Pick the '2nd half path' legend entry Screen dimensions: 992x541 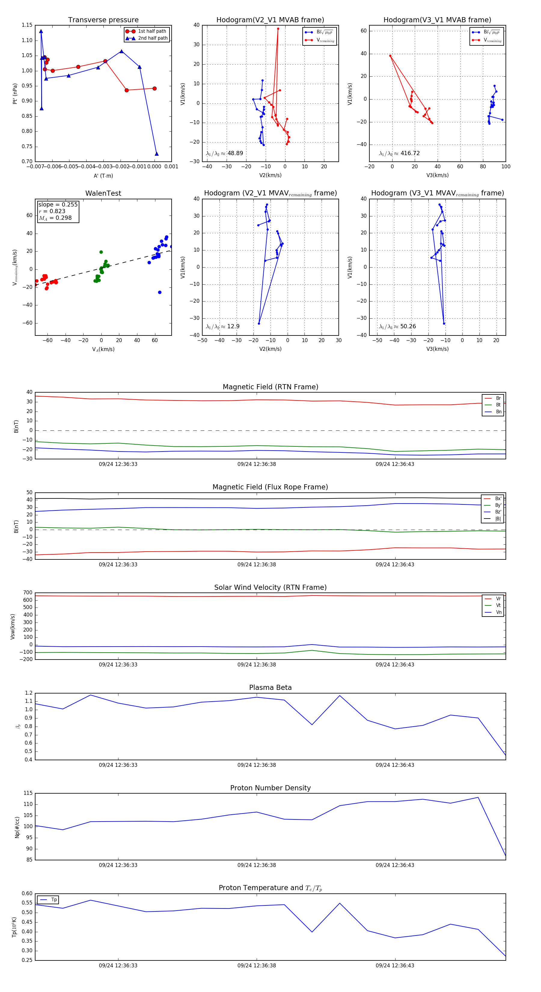click(x=152, y=38)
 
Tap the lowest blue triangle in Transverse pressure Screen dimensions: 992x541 click(x=156, y=154)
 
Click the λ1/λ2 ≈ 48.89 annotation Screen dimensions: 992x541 click(x=225, y=153)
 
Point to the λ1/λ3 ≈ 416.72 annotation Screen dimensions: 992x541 click(x=399, y=153)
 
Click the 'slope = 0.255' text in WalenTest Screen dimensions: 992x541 click(x=58, y=204)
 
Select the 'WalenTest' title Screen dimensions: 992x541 click(x=103, y=193)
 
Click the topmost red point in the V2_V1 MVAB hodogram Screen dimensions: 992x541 click(x=278, y=29)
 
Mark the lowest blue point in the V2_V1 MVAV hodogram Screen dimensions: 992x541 click(x=259, y=323)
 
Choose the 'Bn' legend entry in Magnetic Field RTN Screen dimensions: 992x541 click(x=498, y=412)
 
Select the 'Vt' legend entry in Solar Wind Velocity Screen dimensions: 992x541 click(x=498, y=605)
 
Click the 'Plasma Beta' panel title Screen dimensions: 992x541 click(x=270, y=687)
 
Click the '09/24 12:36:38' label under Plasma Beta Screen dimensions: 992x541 click(x=256, y=765)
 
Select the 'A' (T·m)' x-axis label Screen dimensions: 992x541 click(x=103, y=176)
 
